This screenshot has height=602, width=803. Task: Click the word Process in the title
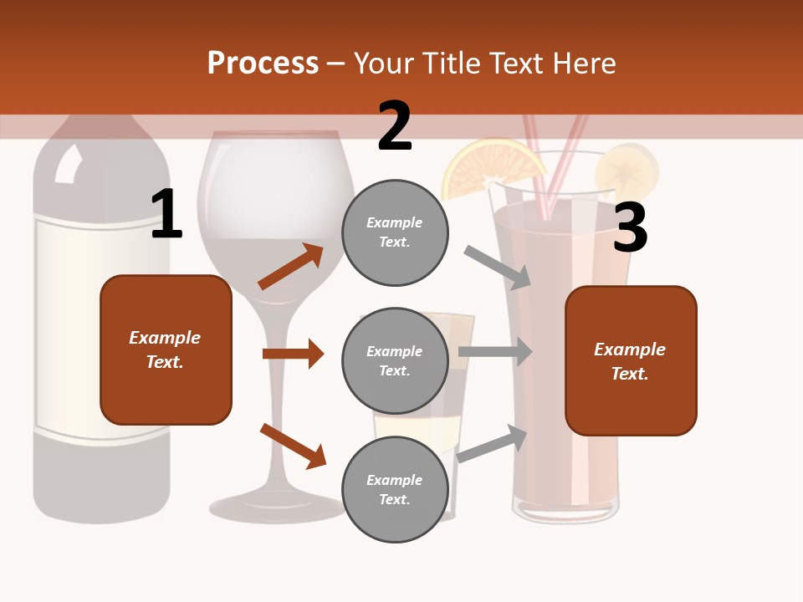point(263,64)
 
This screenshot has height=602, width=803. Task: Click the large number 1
point(166,214)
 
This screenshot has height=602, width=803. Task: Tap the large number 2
point(395,126)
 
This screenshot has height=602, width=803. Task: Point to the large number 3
point(630,228)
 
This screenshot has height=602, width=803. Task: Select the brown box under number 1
point(166,349)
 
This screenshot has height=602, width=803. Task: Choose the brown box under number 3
point(631,361)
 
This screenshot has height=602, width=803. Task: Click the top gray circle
point(395,232)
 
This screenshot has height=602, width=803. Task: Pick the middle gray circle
point(395,360)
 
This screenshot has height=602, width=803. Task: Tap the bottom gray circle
point(395,489)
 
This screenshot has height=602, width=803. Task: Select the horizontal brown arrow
point(293,354)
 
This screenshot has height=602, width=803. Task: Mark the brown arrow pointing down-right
point(293,446)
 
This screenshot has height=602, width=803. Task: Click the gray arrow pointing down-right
point(498,267)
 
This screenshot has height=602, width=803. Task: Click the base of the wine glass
point(276,505)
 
